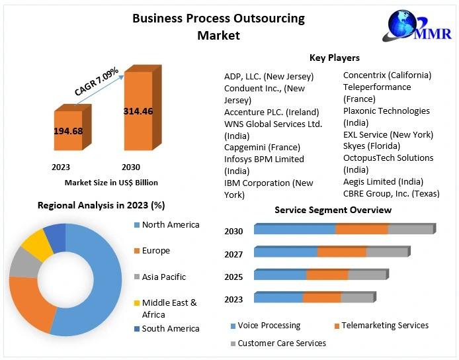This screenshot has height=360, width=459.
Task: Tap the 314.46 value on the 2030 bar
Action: point(138,111)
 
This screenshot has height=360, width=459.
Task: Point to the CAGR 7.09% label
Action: point(97,80)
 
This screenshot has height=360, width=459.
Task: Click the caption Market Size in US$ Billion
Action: point(111,182)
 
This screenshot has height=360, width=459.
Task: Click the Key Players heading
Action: point(335,58)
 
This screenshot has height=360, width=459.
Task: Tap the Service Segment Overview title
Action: point(333,210)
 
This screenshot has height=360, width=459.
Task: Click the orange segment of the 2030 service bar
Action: point(361,230)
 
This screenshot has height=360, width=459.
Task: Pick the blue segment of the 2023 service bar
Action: point(278,298)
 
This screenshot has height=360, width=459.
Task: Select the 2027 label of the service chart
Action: point(233,254)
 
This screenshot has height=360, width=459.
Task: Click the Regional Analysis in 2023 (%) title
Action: point(101,205)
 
